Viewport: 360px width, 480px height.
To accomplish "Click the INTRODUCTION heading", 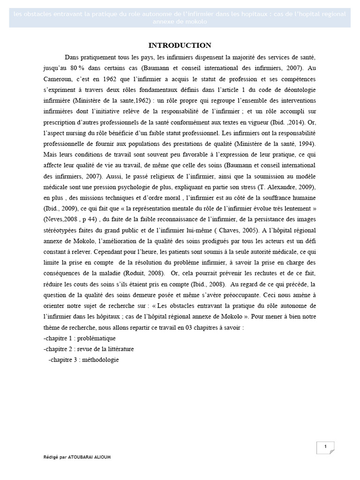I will tap(180, 45).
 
